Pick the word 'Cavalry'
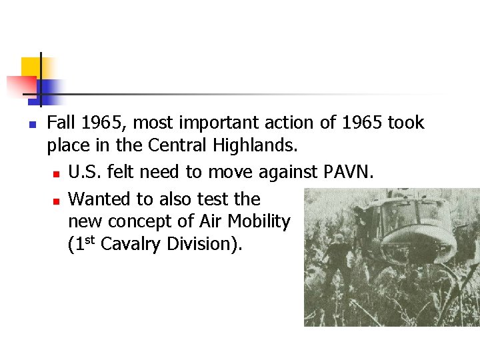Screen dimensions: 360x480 pos(131,244)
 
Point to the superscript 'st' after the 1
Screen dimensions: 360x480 pos(88,240)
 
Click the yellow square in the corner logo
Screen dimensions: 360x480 pos(30,67)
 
